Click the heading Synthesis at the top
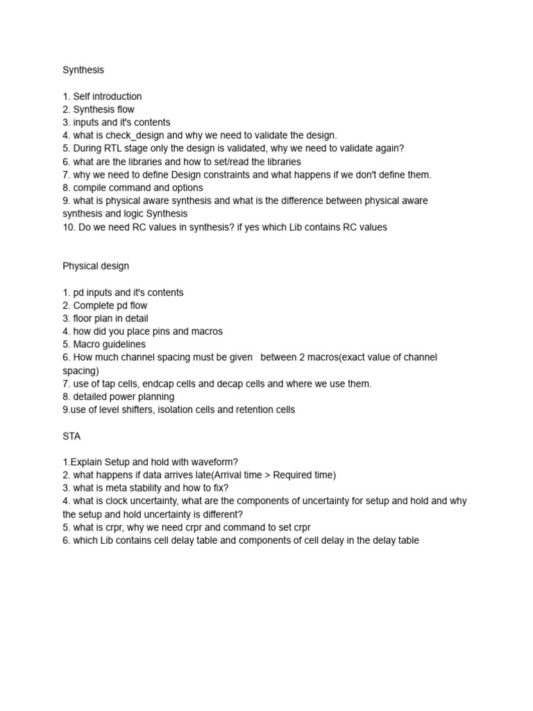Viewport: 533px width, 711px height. (x=83, y=70)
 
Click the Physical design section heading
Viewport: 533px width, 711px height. (x=95, y=266)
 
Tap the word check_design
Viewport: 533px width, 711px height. (x=135, y=135)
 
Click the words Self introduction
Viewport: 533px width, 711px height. (x=108, y=97)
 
